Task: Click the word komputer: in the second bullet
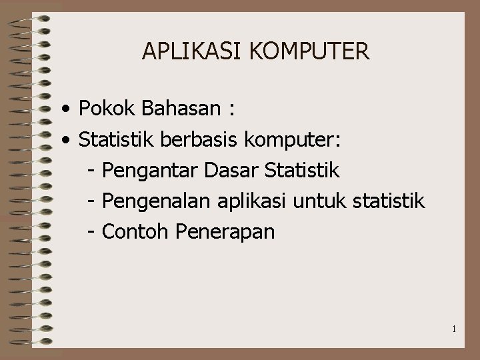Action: pos(293,140)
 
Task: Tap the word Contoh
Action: pos(137,232)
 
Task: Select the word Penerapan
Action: pos(225,233)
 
